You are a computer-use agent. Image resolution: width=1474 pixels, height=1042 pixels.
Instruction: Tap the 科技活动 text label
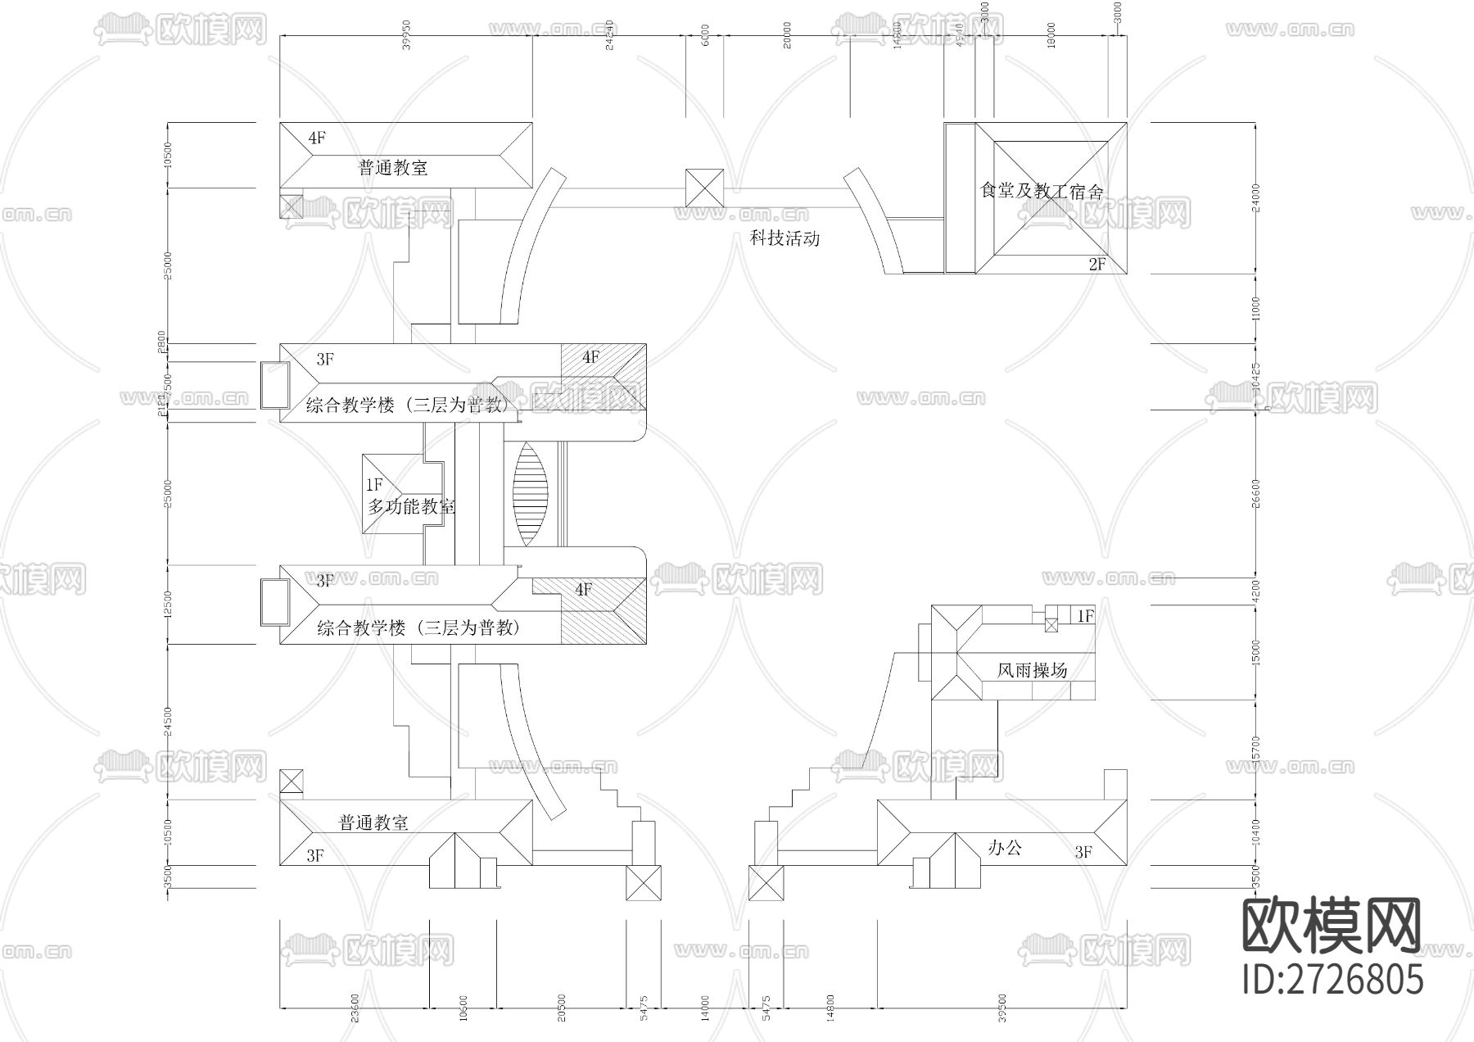(785, 239)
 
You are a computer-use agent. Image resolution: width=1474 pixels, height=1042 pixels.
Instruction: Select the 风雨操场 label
(1032, 670)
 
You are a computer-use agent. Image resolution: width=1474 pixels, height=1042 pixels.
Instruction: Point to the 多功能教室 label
(411, 507)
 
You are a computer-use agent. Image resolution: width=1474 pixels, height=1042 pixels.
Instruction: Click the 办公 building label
(1005, 848)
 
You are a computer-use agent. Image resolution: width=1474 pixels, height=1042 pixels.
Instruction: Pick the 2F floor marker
(1096, 264)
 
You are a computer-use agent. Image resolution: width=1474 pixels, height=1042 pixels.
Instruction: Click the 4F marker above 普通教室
(317, 138)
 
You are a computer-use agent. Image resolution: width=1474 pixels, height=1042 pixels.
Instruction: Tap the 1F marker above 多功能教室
(374, 485)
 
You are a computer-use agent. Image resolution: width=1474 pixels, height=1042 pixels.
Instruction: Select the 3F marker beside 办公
(1083, 853)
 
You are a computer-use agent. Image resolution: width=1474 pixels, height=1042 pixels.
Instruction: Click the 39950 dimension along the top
(407, 42)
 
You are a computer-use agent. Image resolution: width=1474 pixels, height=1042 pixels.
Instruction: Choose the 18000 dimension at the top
(1051, 35)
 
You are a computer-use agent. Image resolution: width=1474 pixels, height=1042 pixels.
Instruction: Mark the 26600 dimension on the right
(1256, 493)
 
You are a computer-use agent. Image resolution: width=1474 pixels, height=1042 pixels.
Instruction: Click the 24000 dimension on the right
(1256, 197)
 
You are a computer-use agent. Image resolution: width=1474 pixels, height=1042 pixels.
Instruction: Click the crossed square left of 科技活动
(704, 188)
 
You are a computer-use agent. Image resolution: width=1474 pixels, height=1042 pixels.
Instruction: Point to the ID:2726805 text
(1332, 979)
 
